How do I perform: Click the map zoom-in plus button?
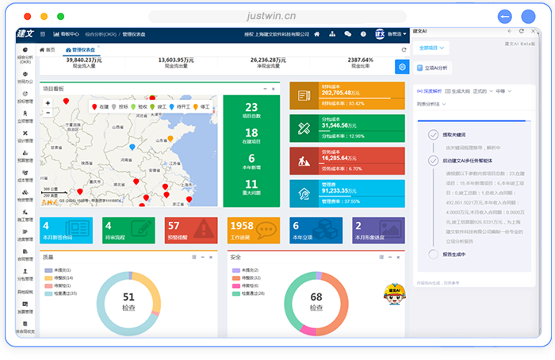48,103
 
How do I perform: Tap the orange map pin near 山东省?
170,140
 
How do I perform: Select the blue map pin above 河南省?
132,147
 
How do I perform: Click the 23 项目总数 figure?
251,110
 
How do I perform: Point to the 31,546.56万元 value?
343,125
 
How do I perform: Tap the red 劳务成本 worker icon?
304,159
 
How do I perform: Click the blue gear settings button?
402,67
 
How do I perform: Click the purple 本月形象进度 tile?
379,229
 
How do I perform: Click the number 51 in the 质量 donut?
128,297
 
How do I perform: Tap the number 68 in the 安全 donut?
316,297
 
